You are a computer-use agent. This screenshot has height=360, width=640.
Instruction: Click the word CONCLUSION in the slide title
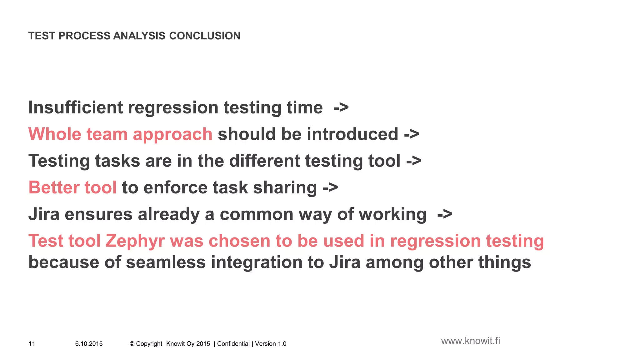[205, 36]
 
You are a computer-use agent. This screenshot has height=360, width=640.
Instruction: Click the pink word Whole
[55, 134]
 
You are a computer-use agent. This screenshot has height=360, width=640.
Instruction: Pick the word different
[264, 161]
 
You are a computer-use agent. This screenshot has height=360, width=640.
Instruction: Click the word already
[168, 214]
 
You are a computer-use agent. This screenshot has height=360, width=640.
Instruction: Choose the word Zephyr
[135, 241]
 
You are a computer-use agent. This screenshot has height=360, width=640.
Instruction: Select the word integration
[257, 262]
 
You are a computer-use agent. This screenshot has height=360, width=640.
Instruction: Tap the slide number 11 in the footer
[32, 344]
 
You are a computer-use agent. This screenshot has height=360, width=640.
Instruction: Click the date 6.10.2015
[89, 344]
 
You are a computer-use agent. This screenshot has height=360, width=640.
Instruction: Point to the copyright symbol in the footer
[132, 344]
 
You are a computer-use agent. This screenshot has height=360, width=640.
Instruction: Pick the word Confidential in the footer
[233, 344]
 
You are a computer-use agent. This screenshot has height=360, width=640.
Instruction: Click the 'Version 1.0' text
[271, 344]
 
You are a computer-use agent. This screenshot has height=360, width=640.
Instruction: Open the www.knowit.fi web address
[470, 341]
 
